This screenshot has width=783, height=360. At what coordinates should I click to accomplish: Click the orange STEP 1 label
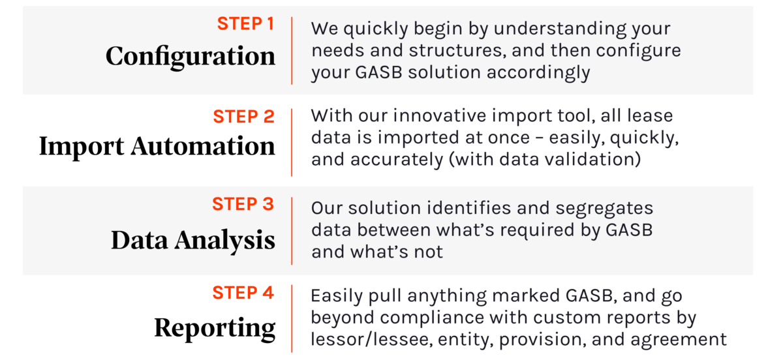click(246, 23)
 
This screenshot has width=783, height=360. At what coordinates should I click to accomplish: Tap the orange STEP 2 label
click(243, 117)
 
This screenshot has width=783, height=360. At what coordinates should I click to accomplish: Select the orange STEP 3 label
click(243, 204)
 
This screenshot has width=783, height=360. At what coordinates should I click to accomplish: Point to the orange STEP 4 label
click(243, 293)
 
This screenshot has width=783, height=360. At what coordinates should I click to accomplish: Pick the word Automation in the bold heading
click(203, 146)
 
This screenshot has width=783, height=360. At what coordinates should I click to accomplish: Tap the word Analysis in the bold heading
click(224, 241)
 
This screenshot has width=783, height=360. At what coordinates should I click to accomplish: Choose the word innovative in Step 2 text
click(440, 115)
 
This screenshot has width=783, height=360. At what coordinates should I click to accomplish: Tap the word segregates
click(604, 209)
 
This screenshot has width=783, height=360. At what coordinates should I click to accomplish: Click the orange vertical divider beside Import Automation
click(292, 143)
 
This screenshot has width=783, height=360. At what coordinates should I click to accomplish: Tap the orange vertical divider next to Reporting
click(292, 319)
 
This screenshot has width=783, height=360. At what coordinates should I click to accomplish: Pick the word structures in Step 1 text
click(457, 51)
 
